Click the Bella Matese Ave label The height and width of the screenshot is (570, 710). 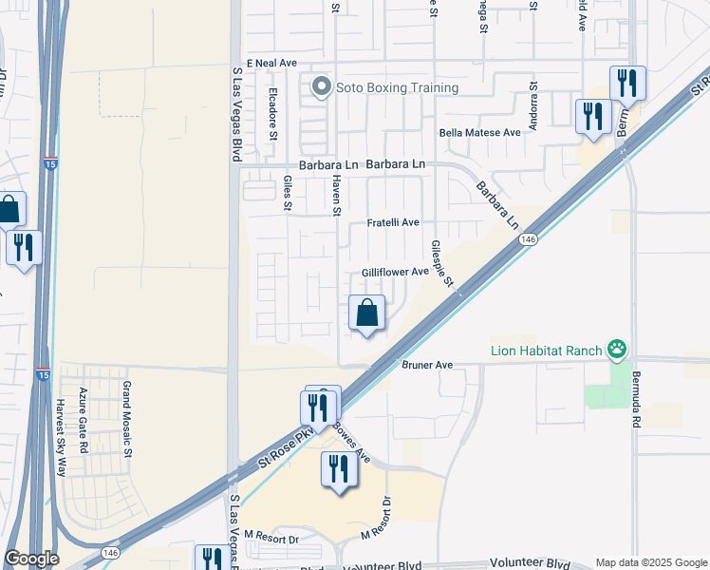479,133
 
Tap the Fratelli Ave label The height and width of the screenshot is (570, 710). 393,222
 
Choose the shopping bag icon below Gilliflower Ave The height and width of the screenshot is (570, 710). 366,313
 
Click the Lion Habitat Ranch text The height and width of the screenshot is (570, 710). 546,351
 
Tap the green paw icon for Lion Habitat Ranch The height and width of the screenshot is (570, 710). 618,351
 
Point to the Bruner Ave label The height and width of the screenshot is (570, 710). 427,365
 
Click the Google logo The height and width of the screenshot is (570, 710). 31,559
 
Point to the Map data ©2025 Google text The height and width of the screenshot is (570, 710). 650,562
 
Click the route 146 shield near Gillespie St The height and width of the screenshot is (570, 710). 528,240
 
